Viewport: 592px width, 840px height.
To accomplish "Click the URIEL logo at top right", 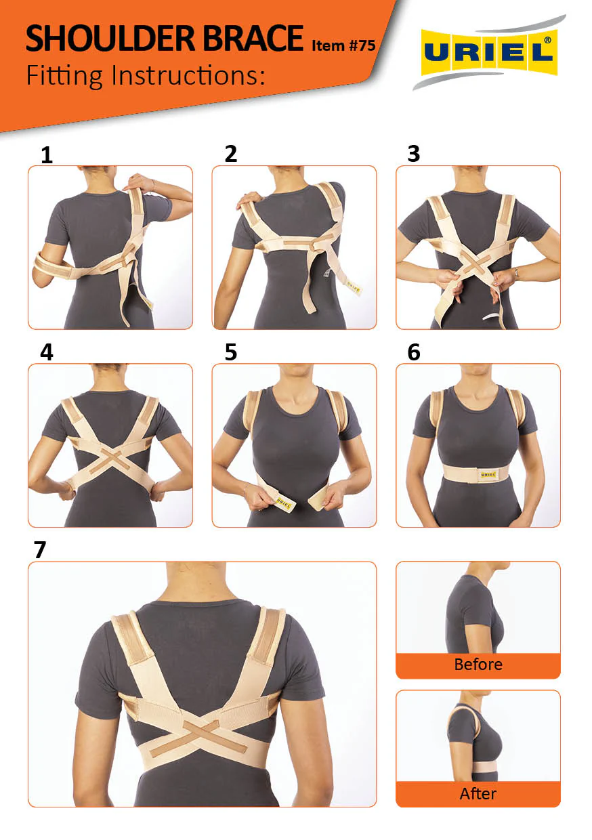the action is (x=489, y=52).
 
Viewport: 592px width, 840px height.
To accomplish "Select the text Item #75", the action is (x=343, y=45).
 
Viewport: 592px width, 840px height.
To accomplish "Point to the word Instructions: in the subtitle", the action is (x=188, y=75).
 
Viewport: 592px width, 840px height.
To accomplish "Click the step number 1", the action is (x=47, y=155).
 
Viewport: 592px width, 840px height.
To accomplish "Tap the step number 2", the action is (x=230, y=154).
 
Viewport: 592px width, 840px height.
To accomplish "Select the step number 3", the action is (x=414, y=154).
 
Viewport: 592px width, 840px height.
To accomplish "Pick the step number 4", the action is (x=47, y=352).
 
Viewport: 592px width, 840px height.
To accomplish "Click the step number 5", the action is (x=230, y=352).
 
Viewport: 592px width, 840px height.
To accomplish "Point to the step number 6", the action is (x=414, y=352).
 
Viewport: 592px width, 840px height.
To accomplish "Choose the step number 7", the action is (x=40, y=550).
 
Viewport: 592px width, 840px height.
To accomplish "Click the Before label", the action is (x=478, y=665).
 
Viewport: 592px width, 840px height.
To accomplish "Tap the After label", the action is (x=478, y=792).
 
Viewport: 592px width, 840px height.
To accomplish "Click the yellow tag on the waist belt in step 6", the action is (x=488, y=475).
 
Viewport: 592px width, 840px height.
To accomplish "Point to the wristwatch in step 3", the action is (x=516, y=272).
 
